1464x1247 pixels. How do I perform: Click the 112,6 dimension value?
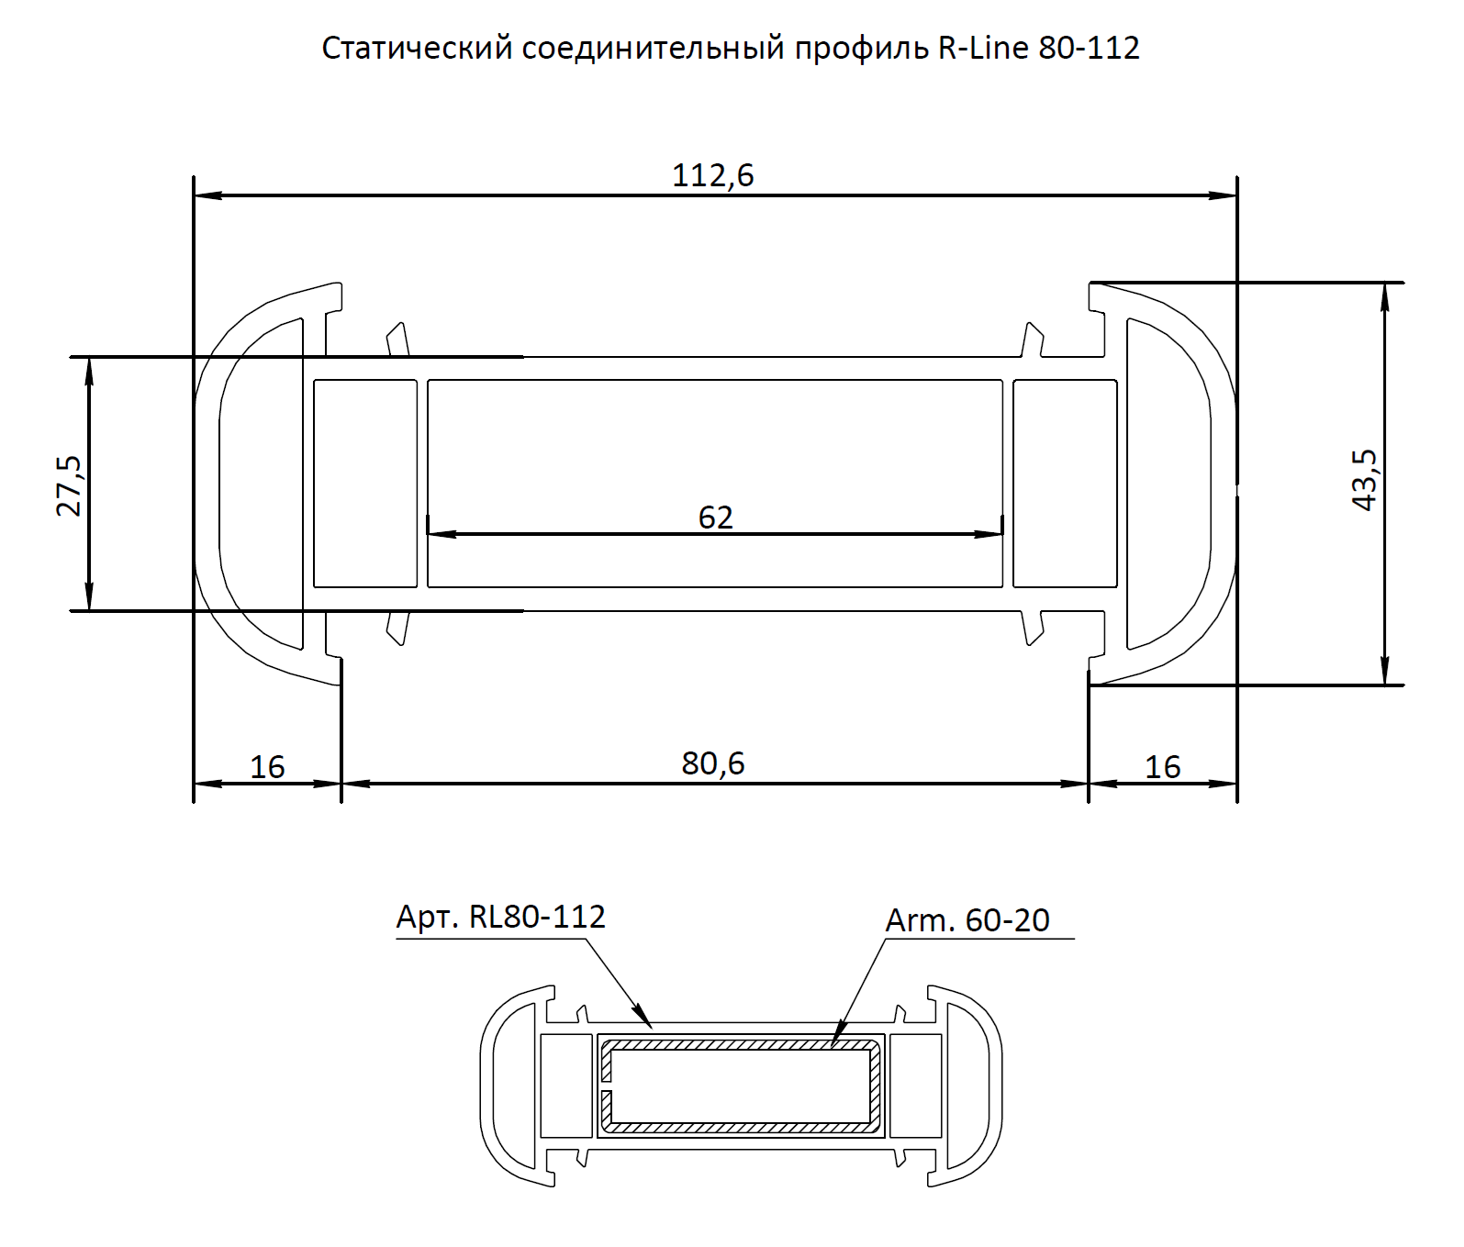point(712,174)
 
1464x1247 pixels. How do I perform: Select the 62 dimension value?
point(716,518)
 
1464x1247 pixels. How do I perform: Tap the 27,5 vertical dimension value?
point(70,485)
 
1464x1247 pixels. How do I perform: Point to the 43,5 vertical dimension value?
point(1365,480)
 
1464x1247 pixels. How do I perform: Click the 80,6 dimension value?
point(713,763)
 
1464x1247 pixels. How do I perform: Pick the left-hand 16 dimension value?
point(267,766)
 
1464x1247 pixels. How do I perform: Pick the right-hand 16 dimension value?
point(1162,766)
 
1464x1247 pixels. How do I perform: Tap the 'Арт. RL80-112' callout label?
point(501,917)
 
